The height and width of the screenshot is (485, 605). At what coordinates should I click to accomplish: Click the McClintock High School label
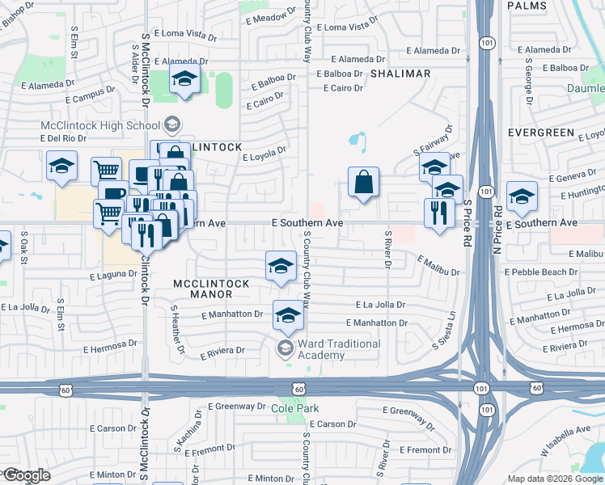click(x=100, y=125)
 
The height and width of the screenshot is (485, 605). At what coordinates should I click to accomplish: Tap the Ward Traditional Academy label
click(x=339, y=349)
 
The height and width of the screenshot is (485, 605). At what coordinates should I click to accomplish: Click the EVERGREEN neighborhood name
click(x=541, y=132)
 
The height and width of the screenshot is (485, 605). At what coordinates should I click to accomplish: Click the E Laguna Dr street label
click(x=113, y=275)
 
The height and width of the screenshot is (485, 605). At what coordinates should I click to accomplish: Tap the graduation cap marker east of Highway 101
click(x=522, y=196)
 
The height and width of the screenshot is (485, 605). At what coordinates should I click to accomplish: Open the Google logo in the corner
click(x=27, y=475)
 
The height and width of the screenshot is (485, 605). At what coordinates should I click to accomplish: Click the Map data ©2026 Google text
click(x=554, y=479)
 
